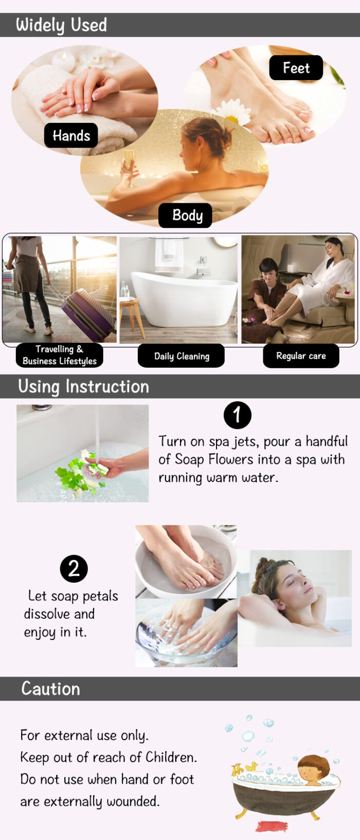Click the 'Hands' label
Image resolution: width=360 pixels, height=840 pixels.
click(71, 135)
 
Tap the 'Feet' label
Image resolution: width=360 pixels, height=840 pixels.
click(296, 68)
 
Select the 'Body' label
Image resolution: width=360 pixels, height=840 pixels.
click(185, 215)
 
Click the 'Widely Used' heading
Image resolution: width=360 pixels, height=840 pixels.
click(61, 25)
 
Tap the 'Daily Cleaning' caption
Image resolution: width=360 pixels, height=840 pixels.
click(182, 356)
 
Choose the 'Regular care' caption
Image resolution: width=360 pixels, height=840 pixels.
click(301, 356)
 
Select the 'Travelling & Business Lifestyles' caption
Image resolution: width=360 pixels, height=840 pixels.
click(59, 355)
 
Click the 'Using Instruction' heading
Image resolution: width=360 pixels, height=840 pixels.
click(84, 386)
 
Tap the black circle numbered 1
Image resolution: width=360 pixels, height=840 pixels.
click(238, 415)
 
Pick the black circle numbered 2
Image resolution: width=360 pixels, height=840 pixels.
click(74, 568)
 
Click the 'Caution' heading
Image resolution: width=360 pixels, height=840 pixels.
click(50, 688)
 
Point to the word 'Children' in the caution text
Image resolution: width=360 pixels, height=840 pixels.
click(171, 757)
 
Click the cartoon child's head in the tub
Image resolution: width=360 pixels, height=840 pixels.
click(314, 768)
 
